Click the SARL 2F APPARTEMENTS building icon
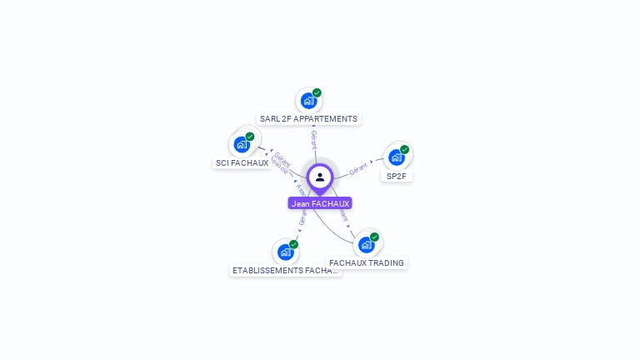click(x=309, y=101)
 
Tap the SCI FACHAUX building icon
click(x=242, y=144)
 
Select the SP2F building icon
click(x=397, y=157)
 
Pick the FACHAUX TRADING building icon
click(x=366, y=244)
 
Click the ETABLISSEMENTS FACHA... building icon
click(x=286, y=252)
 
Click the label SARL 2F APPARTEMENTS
click(x=308, y=118)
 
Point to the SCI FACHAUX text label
click(x=242, y=163)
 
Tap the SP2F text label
click(x=397, y=176)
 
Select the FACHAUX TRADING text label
click(x=367, y=262)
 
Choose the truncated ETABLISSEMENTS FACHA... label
click(x=286, y=271)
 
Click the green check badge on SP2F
click(x=404, y=150)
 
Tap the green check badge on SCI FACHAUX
click(x=250, y=137)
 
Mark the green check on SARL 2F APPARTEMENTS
click(x=317, y=93)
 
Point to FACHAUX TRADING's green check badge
click(x=374, y=237)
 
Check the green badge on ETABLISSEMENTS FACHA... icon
click(x=293, y=245)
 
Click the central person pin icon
click(x=320, y=177)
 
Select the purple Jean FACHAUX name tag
click(x=320, y=203)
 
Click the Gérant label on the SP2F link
click(x=359, y=167)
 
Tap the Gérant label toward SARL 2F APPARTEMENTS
click(x=313, y=139)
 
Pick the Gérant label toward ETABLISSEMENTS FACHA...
click(x=302, y=218)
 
